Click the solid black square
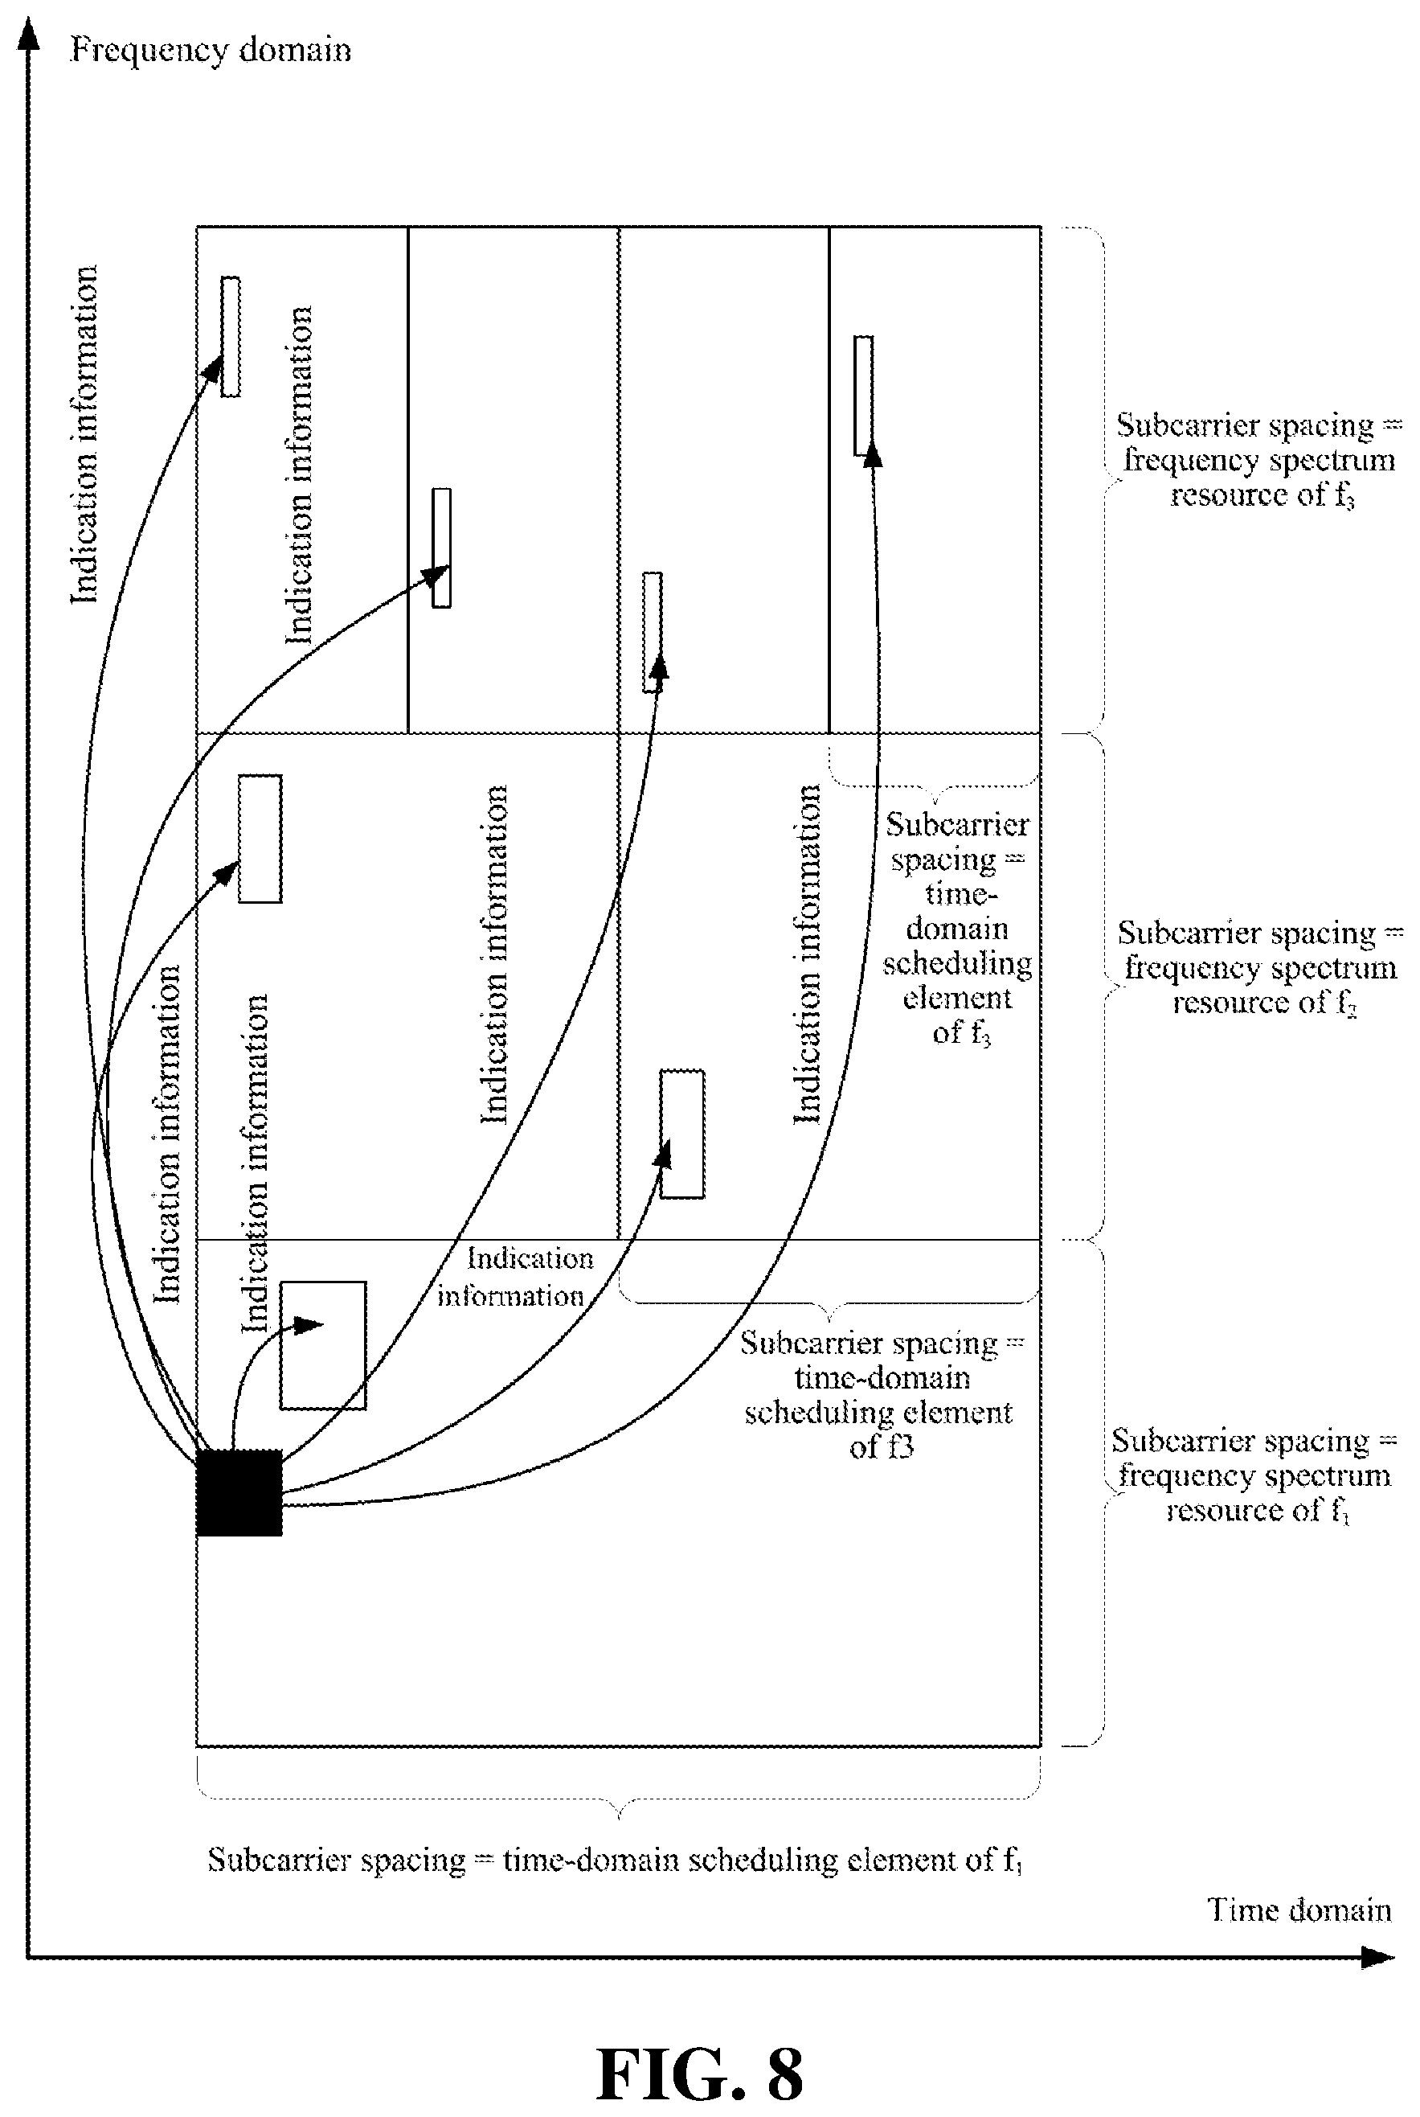click(x=239, y=1492)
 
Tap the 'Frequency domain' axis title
click(x=210, y=50)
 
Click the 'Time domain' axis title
click(x=1299, y=1910)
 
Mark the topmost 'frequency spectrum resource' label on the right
click(x=1258, y=460)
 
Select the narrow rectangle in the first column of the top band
click(x=231, y=336)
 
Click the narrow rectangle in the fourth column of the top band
click(x=864, y=395)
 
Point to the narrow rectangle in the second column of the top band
click(x=442, y=548)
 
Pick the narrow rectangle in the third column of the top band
click(x=652, y=632)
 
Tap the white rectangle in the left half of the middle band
click(x=260, y=839)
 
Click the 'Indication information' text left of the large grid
click(x=84, y=435)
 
